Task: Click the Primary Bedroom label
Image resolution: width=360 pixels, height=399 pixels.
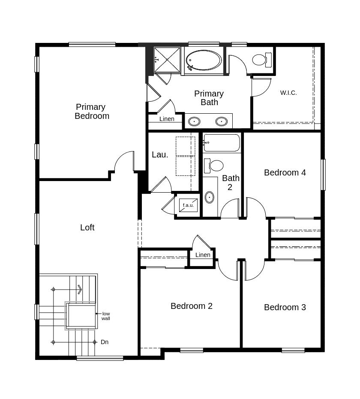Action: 92,112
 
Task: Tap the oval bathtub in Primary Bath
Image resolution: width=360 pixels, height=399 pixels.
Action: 204,60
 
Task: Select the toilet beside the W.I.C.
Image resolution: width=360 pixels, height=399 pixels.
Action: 262,60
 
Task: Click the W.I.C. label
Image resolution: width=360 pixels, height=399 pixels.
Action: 288,93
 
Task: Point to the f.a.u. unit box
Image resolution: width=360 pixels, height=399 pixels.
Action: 188,205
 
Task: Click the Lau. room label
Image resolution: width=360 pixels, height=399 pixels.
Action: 160,154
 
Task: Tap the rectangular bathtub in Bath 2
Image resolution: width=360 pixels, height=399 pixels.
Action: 222,143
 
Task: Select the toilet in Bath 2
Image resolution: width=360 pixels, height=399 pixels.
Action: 213,166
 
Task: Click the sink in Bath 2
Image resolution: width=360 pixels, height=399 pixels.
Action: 209,197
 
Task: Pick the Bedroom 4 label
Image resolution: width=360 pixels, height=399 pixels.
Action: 285,172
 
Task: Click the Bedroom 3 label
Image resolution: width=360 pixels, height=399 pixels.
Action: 285,307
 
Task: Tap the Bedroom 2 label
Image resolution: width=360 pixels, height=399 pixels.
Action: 192,306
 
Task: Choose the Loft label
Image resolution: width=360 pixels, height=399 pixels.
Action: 87,227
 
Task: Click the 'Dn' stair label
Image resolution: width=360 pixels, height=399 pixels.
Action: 105,342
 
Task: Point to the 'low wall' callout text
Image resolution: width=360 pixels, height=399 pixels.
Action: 106,316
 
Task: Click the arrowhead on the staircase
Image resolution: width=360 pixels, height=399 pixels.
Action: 80,289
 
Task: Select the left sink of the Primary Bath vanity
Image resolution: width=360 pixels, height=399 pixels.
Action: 194,121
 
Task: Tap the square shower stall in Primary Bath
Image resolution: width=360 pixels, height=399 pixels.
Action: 167,60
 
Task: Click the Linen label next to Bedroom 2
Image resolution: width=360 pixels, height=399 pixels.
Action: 203,255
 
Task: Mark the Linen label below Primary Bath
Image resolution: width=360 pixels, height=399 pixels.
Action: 167,119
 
